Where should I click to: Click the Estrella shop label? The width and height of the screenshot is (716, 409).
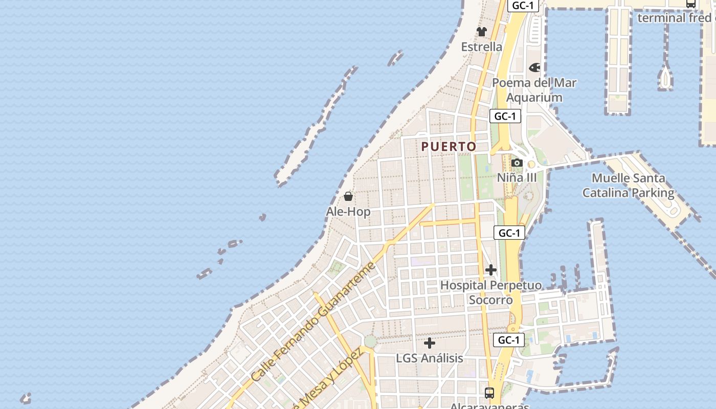(481, 47)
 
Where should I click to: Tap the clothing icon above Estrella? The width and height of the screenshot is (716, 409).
(481, 32)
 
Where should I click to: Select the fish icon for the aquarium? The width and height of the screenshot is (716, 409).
(534, 67)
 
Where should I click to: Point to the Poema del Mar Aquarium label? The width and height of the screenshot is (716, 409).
(534, 90)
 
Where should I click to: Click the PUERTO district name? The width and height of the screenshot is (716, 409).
(449, 147)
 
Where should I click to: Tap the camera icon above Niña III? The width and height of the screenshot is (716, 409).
(517, 163)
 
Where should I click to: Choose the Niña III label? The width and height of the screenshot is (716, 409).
(517, 177)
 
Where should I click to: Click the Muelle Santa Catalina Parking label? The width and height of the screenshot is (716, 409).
(628, 186)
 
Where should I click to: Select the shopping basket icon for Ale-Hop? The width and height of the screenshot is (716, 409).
(348, 196)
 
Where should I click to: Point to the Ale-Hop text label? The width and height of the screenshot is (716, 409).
(348, 211)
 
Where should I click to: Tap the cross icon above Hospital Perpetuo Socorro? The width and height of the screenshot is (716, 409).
(490, 269)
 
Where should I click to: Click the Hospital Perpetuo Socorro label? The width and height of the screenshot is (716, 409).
(490, 292)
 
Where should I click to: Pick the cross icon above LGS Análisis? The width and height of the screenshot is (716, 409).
(430, 343)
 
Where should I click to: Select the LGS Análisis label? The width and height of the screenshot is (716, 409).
(430, 358)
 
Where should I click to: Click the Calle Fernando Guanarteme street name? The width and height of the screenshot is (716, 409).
(314, 323)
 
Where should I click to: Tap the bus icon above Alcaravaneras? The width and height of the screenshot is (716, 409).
(489, 393)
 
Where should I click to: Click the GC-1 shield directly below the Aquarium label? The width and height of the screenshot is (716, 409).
(505, 116)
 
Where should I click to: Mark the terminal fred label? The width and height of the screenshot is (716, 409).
(675, 18)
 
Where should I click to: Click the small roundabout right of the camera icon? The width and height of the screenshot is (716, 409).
(531, 165)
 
